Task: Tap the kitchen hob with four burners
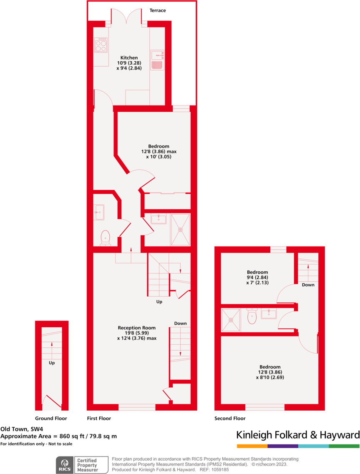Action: [100, 45]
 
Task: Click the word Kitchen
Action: [129, 58]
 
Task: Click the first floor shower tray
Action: [181, 229]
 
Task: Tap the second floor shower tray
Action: [231, 320]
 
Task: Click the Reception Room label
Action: [136, 328]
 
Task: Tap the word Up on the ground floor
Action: [52, 363]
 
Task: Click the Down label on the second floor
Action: [308, 285]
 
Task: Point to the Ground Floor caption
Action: [51, 418]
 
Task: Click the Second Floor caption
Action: [230, 418]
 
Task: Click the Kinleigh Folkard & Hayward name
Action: [298, 435]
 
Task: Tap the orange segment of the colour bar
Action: [252, 446]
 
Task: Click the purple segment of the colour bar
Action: [283, 446]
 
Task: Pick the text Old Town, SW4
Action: [22, 429]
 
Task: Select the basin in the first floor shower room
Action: [159, 219]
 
